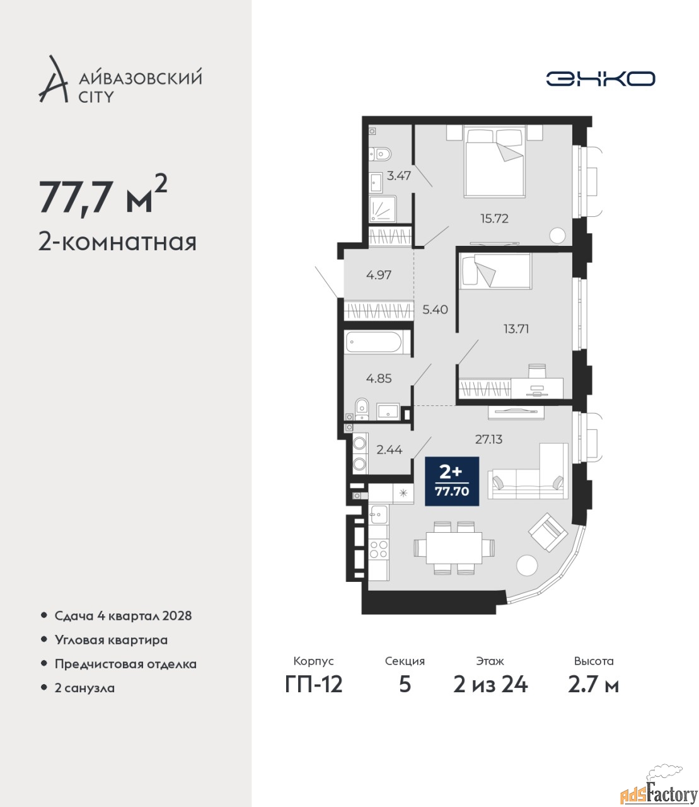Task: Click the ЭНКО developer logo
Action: [600, 78]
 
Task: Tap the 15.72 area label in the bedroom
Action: [495, 218]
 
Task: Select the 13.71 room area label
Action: [516, 328]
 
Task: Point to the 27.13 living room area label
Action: [488, 439]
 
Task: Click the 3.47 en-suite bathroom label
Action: [399, 176]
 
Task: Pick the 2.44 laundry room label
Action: [389, 450]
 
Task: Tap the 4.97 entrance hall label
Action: [379, 275]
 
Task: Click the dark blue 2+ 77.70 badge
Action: [452, 481]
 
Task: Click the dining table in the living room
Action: [454, 547]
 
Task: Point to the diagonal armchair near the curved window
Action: [548, 532]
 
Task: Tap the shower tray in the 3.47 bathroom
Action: [383, 209]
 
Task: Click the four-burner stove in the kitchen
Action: [379, 549]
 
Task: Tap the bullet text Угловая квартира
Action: [111, 641]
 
